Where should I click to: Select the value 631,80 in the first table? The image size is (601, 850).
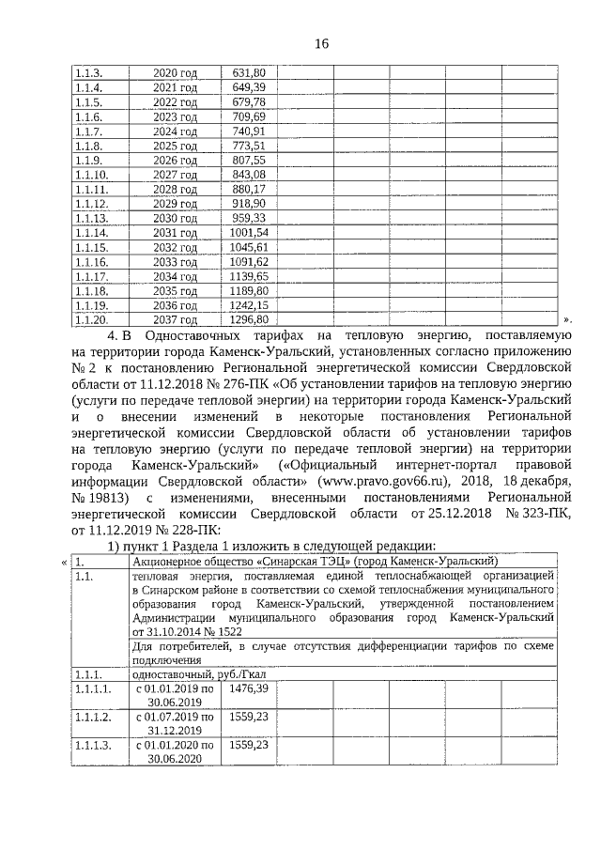pos(248,72)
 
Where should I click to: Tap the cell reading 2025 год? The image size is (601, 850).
pos(176,147)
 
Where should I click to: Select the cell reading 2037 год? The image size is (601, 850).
pos(176,319)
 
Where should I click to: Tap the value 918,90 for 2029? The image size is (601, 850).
pos(248,204)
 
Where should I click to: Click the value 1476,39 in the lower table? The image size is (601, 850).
pos(249,688)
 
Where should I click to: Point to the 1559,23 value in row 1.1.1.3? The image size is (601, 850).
pos(249,744)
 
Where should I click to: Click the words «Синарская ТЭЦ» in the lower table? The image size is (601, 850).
pos(273,561)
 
